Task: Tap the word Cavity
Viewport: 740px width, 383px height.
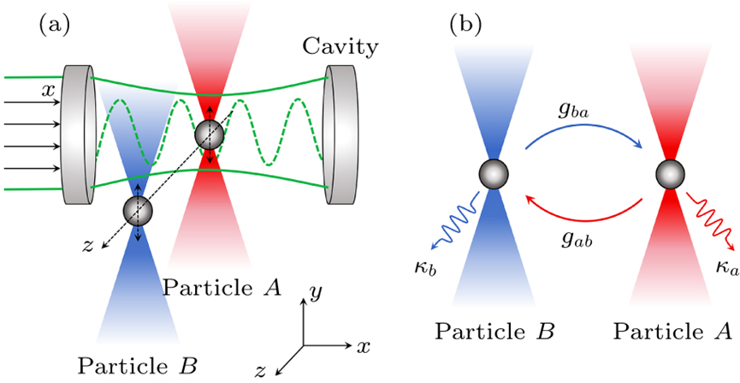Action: coord(340,47)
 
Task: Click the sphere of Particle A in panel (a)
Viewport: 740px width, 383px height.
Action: coord(210,135)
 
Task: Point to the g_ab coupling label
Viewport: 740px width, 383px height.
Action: coord(575,240)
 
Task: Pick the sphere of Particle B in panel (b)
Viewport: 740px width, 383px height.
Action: coord(494,174)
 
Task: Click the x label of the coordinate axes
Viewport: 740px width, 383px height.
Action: coord(363,348)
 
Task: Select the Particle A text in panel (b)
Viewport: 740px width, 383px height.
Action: coord(672,332)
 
